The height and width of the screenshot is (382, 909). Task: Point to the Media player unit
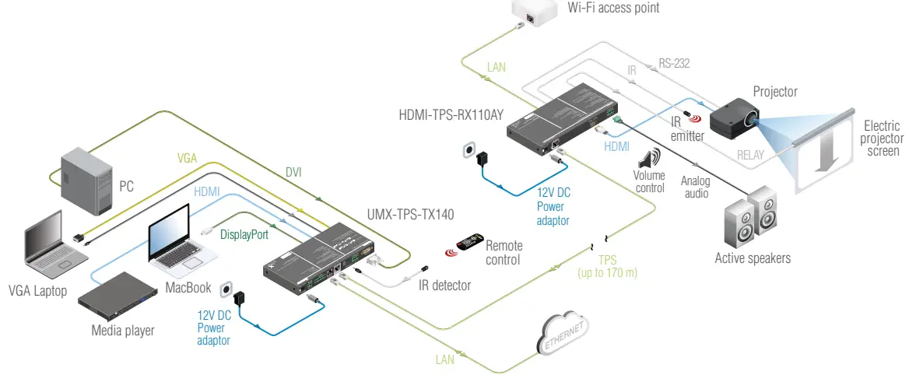pyautogui.click(x=121, y=296)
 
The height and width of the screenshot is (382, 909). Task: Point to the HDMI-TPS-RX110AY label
pyautogui.click(x=451, y=114)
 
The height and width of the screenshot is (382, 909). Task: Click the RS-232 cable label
pyautogui.click(x=674, y=64)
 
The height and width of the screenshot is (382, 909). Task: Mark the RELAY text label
pyautogui.click(x=750, y=155)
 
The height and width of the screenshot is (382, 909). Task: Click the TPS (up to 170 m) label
pyautogui.click(x=607, y=266)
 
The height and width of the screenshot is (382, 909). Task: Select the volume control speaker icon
pyautogui.click(x=649, y=159)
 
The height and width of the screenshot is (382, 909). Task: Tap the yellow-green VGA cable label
pyautogui.click(x=187, y=158)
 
